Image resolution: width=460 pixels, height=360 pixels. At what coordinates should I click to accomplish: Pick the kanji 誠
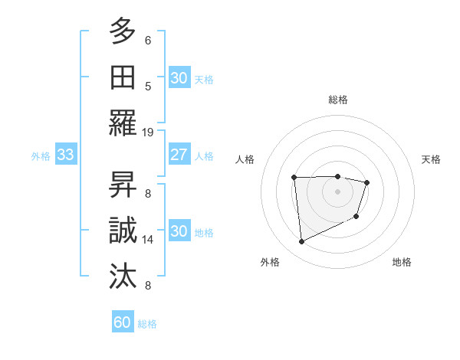(123, 231)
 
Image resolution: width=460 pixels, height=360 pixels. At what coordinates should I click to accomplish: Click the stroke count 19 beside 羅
(148, 132)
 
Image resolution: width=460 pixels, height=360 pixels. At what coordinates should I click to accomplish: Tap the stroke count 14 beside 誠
(148, 240)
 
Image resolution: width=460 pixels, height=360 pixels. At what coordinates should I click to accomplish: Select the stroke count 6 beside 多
(148, 40)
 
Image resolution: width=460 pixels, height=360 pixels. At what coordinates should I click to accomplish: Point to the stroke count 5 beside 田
(148, 86)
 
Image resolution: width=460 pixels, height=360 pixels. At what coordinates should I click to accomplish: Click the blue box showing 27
(179, 155)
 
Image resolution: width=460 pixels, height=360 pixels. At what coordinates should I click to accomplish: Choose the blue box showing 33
(65, 155)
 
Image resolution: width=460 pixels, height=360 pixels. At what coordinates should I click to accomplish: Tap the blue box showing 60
(123, 322)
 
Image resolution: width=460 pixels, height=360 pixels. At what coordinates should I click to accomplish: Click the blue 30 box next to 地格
(179, 231)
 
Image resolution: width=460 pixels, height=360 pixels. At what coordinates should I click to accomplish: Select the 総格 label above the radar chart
(338, 100)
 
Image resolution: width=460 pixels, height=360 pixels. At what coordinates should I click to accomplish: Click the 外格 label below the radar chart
(270, 262)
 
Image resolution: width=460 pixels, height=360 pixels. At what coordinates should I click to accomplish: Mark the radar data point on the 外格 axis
(301, 242)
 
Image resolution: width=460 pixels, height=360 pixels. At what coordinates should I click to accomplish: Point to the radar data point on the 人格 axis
(294, 178)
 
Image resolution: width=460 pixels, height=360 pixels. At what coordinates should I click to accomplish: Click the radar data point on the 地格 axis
(356, 218)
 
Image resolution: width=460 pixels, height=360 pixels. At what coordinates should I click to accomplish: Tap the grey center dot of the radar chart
(337, 191)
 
